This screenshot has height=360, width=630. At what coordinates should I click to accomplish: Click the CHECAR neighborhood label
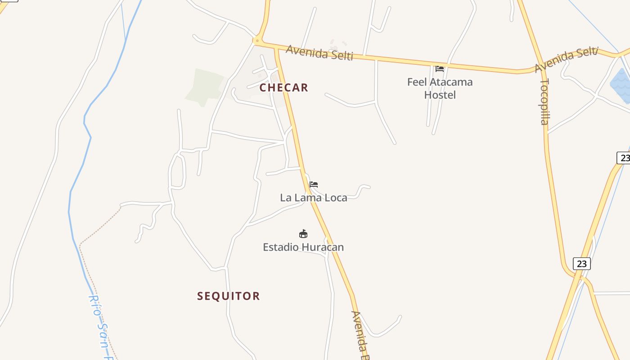click(x=283, y=88)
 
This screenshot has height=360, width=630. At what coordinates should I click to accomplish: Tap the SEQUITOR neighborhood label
click(x=228, y=296)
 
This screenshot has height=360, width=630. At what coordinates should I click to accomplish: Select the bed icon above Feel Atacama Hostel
click(x=440, y=69)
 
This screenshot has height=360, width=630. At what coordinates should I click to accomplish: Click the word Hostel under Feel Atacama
click(x=440, y=95)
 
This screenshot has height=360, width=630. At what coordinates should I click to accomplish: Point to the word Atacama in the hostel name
click(x=451, y=82)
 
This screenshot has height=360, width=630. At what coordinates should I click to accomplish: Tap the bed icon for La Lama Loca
click(x=314, y=184)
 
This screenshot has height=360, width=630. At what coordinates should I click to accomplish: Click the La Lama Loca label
click(x=314, y=198)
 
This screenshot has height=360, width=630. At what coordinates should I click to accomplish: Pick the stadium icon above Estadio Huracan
click(x=303, y=234)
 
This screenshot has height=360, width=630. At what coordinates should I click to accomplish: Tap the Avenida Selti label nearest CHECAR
click(x=319, y=52)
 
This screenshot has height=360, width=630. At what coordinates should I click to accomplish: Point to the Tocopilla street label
click(x=544, y=102)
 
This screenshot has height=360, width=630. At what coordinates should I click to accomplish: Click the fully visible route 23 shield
click(x=581, y=264)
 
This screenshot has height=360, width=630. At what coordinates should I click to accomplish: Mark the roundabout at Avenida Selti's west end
click(x=257, y=41)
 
